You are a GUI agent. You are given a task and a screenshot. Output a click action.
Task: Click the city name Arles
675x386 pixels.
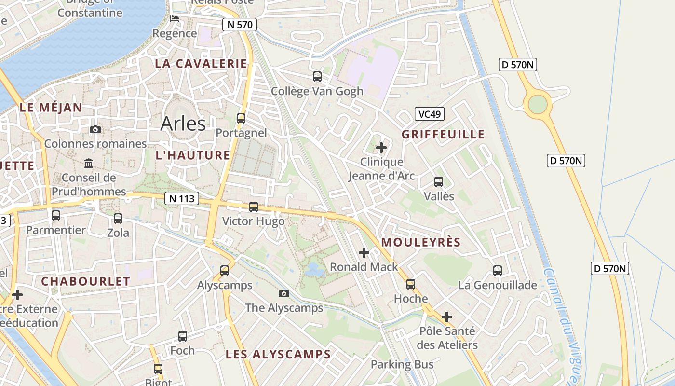coord(183,124)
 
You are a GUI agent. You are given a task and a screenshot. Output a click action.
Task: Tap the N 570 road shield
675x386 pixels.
coord(239,25)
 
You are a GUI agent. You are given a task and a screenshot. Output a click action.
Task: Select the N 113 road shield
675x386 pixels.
coord(182,198)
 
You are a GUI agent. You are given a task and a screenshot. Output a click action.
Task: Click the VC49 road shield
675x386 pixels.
coord(429,114)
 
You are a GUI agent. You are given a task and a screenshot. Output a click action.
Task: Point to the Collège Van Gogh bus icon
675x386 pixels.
coord(317,76)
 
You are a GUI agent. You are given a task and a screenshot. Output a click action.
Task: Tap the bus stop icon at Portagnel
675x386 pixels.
coord(241,118)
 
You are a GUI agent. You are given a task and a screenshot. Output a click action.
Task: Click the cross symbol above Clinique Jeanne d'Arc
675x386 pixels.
coord(381,147)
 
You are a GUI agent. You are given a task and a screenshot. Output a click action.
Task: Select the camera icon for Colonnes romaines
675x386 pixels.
coord(95,129)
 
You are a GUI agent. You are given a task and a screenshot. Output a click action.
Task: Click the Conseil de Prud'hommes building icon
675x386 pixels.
coord(89,163)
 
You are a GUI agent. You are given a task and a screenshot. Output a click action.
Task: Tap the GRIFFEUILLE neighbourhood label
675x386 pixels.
coord(443,134)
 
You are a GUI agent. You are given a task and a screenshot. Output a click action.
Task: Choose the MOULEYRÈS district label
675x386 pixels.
coord(421,242)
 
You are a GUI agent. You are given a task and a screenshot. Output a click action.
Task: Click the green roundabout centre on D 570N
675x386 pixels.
coord(538,104)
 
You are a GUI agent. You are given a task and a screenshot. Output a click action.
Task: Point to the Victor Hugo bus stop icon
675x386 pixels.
coord(254,207)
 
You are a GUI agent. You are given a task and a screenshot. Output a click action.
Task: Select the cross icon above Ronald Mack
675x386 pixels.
coord(364,252)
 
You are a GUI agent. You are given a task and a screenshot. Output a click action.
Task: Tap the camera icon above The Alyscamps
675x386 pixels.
coord(284,293)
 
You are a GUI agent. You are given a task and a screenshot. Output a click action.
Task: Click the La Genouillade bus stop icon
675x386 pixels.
coord(498,271)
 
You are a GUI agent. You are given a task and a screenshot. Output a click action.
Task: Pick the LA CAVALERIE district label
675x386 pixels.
coord(201,64)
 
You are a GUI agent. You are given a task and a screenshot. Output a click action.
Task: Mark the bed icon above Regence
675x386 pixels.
coord(175,19)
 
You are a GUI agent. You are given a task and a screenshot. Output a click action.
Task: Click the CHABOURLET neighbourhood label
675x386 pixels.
coord(85,281)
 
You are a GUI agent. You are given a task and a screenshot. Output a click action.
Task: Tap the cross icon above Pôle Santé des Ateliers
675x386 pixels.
coord(447,317)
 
